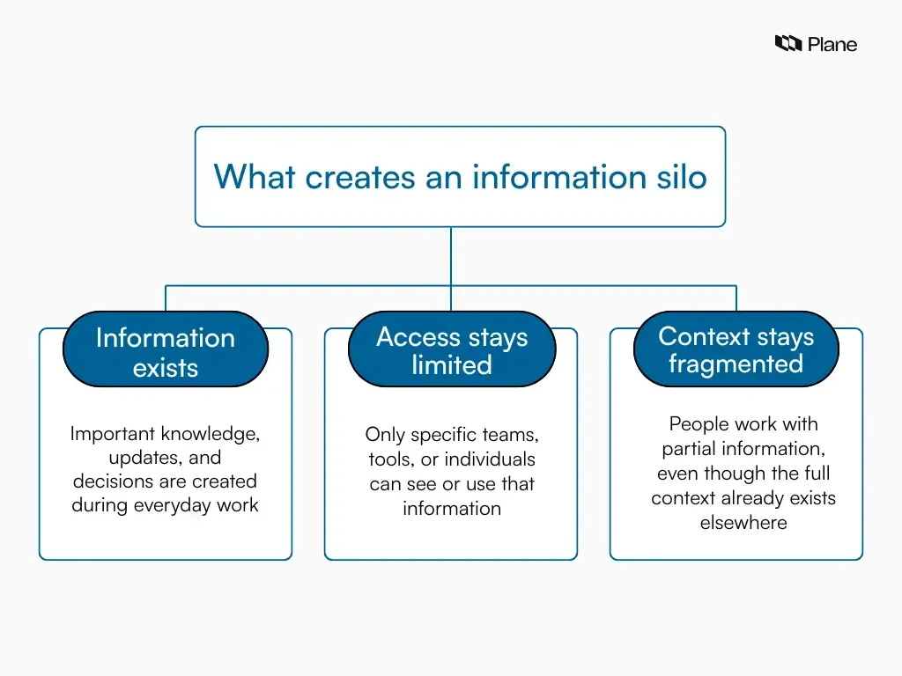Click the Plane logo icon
[x=788, y=43]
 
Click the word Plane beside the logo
[x=832, y=44]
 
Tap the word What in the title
[x=255, y=177]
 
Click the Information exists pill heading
[x=166, y=351]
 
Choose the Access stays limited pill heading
[x=452, y=350]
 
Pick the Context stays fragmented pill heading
[x=736, y=349]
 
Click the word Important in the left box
[x=112, y=434]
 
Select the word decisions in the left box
[x=112, y=481]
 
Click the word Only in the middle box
[x=385, y=435]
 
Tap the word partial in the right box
[x=686, y=449]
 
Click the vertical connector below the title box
[x=451, y=255]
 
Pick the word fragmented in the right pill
[x=736, y=364]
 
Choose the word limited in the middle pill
[x=452, y=365]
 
